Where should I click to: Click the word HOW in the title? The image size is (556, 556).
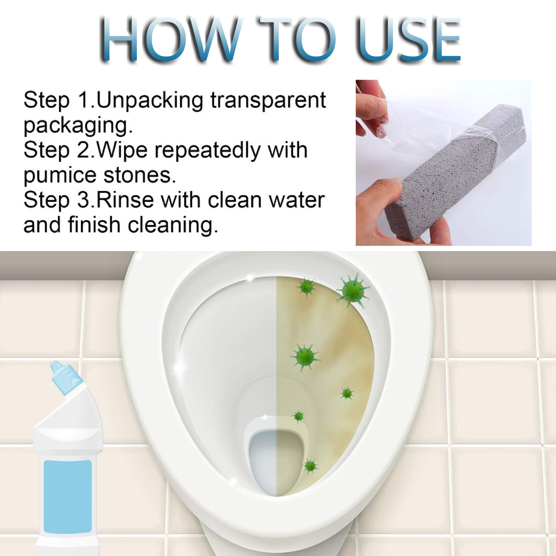click(170, 39)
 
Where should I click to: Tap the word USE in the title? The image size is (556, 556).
click(409, 39)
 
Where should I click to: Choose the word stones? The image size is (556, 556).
click(139, 175)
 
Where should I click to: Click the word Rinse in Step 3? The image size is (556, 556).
click(125, 200)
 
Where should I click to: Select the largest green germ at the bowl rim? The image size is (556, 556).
click(353, 290)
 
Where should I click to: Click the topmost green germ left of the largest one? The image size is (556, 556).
click(306, 287)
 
